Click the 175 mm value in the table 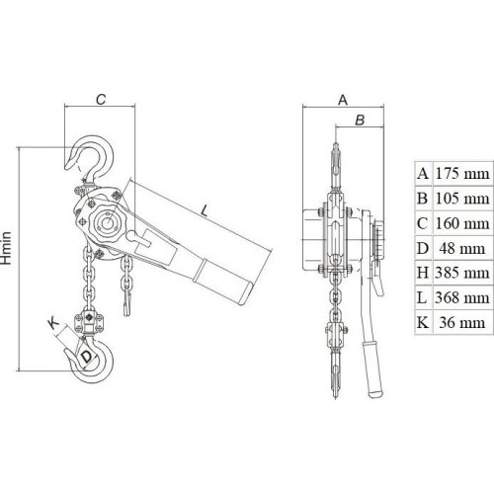(x=462, y=174)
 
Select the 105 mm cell (x=462, y=199)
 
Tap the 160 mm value (x=462, y=223)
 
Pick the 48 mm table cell (x=462, y=248)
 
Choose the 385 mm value (x=462, y=273)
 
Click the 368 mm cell (x=462, y=297)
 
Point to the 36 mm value (x=462, y=322)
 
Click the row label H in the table (x=423, y=273)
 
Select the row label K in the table (x=423, y=322)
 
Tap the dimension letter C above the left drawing (x=101, y=99)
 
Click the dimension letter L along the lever (x=205, y=210)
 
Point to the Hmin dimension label (x=6, y=248)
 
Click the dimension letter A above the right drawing (x=343, y=100)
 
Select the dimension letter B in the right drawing (x=360, y=120)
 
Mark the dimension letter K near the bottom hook (x=53, y=323)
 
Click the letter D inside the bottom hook (x=86, y=357)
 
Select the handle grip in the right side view (x=372, y=369)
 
